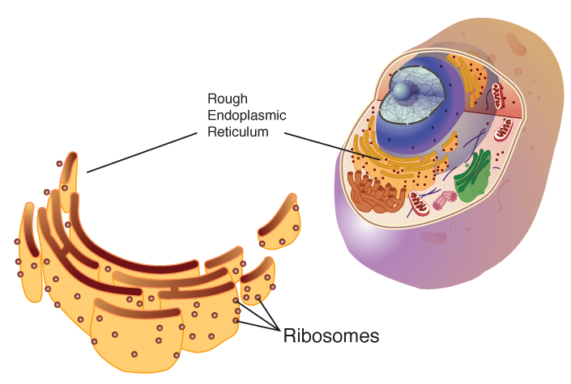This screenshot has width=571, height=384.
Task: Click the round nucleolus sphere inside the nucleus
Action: point(403,84)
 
